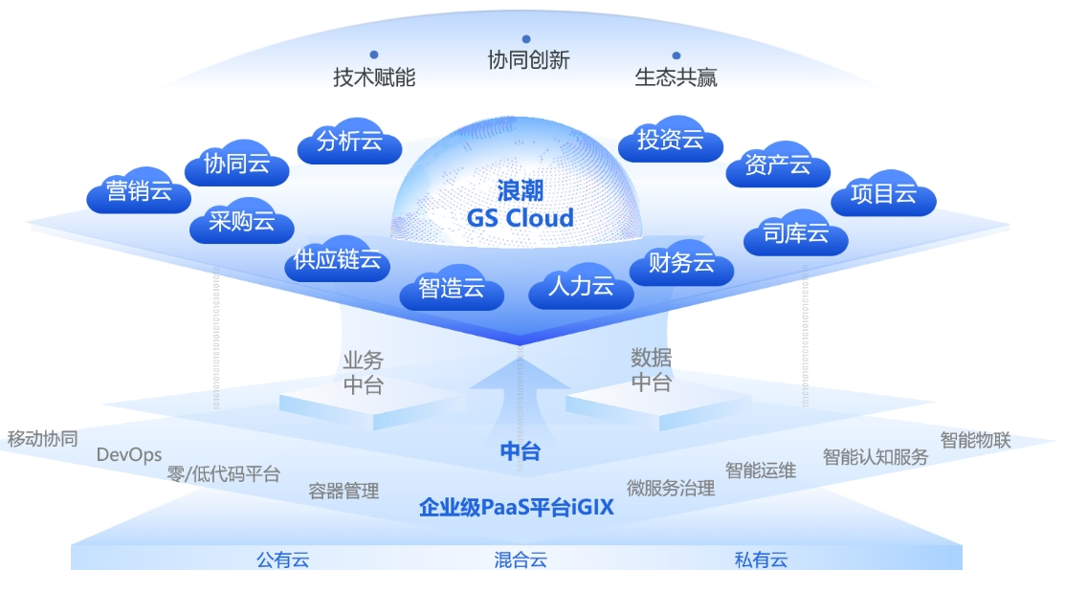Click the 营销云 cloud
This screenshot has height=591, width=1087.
(139, 192)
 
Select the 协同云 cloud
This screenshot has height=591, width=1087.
(236, 164)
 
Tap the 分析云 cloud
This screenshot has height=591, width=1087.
(349, 142)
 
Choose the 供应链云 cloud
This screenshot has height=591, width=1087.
(337, 259)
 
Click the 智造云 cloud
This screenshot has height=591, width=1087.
(452, 288)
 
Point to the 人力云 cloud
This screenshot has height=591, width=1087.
(581, 286)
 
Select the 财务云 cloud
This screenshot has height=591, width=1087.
(681, 263)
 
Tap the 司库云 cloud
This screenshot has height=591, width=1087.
(795, 233)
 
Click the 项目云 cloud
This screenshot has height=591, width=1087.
(883, 194)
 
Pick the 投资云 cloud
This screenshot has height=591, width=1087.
(670, 141)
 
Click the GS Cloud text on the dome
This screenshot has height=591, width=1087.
(521, 218)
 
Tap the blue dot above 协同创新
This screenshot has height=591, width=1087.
(526, 39)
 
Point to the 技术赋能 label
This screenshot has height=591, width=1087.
(374, 77)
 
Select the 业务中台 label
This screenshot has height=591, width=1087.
(363, 372)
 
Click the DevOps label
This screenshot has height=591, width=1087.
(129, 455)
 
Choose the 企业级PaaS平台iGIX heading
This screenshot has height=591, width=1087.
(517, 508)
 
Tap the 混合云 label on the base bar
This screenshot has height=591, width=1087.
(521, 559)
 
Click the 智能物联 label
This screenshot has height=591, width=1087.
(975, 440)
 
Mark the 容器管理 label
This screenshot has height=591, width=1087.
(344, 491)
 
